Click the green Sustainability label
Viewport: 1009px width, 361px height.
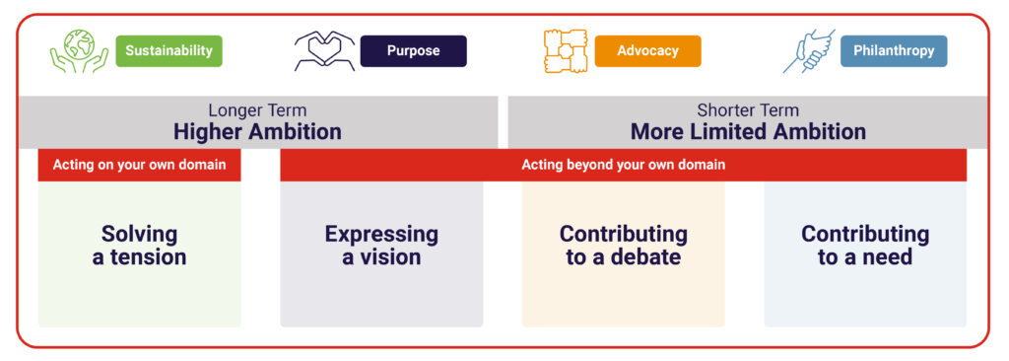click(168, 51)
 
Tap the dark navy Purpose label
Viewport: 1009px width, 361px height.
click(413, 51)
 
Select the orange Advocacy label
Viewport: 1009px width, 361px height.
click(647, 51)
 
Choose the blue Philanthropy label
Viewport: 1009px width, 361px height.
click(894, 51)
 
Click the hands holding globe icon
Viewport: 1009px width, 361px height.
click(79, 51)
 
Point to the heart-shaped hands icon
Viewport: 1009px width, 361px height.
click(324, 51)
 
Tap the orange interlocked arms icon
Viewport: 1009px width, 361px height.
click(566, 51)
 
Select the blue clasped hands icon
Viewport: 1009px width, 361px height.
click(809, 51)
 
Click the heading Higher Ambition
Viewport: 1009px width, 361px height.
click(257, 132)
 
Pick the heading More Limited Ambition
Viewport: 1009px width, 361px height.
click(748, 132)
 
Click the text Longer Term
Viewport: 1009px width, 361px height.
click(257, 110)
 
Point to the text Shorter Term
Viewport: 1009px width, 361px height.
click(748, 110)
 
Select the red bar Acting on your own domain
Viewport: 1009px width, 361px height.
click(139, 165)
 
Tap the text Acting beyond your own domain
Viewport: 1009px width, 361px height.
click(623, 165)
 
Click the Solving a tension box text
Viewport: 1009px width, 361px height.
click(139, 245)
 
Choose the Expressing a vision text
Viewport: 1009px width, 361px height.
click(381, 245)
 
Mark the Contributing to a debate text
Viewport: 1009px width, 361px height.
click(623, 245)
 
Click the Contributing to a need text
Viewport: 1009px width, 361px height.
click(865, 245)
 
